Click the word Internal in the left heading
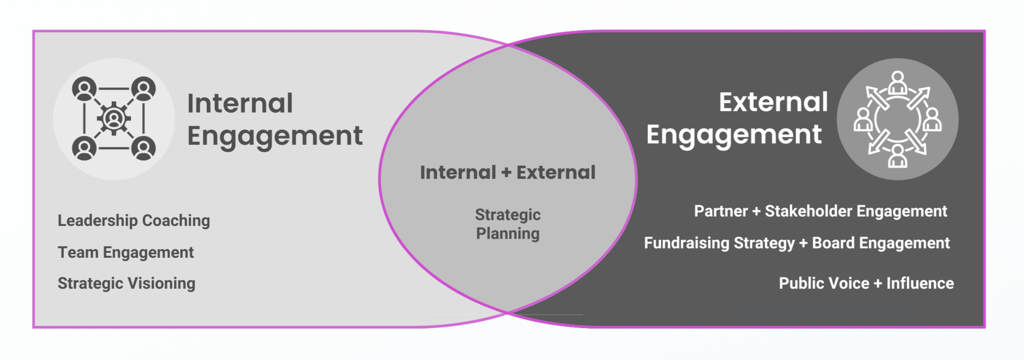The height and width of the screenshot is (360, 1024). click(240, 103)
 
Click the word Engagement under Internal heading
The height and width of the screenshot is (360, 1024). click(275, 136)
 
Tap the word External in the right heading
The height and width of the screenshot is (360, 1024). click(773, 102)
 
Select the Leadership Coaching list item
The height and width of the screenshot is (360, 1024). click(134, 221)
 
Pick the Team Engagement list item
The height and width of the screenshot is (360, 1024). click(125, 252)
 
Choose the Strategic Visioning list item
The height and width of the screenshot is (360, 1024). click(127, 283)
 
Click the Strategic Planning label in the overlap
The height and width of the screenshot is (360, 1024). click(508, 224)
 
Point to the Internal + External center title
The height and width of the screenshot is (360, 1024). click(508, 173)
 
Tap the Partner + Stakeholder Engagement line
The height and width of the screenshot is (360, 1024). click(820, 211)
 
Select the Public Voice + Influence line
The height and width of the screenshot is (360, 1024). click(866, 283)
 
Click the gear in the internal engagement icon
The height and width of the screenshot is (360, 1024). click(114, 119)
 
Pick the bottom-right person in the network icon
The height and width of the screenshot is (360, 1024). click(144, 149)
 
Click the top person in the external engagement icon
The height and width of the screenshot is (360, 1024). click(898, 82)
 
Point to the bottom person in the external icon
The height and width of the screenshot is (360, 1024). click(897, 156)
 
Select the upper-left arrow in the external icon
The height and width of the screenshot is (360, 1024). click(876, 97)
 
